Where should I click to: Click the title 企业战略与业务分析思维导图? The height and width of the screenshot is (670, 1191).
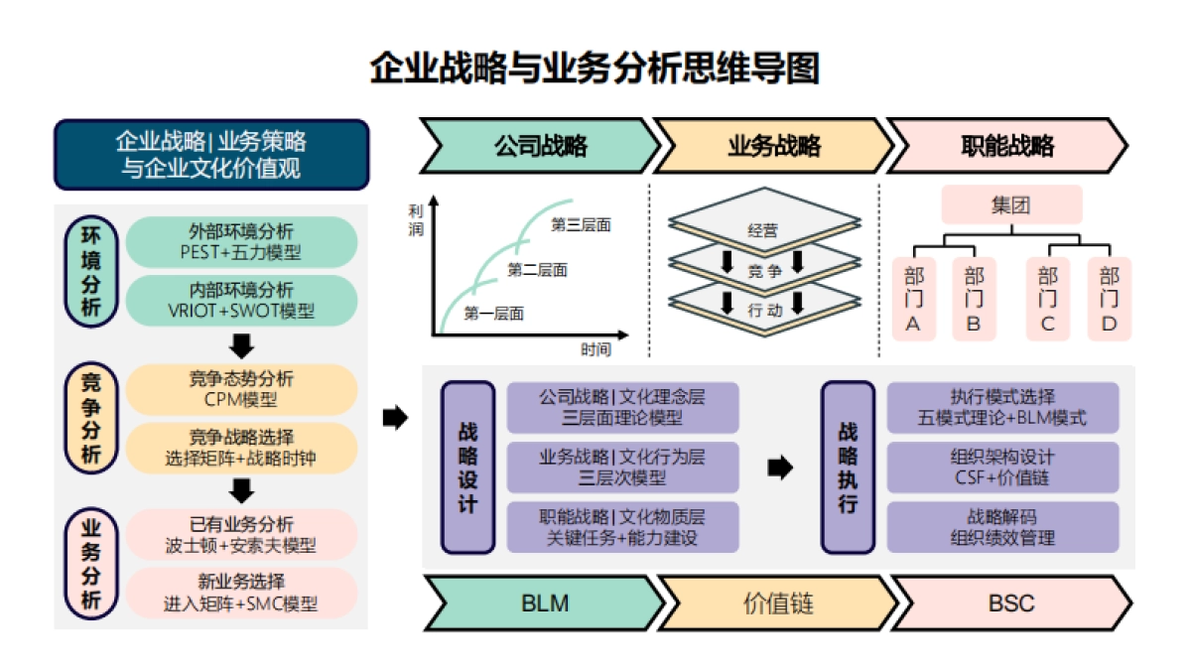(595, 69)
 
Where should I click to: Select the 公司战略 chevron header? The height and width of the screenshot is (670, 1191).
(540, 147)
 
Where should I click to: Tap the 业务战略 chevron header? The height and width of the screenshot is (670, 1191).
(772, 147)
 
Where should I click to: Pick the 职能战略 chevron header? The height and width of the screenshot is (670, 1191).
(1006, 147)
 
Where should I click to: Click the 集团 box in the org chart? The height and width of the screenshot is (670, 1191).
(1009, 206)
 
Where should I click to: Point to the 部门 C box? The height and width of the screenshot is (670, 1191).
(1047, 299)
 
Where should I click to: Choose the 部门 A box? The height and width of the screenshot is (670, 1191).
(914, 299)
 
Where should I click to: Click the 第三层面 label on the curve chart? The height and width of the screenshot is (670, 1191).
(581, 225)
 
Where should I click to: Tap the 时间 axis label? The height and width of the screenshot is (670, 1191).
(596, 349)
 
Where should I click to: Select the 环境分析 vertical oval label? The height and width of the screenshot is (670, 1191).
(90, 271)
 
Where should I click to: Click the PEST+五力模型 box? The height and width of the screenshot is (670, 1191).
(241, 241)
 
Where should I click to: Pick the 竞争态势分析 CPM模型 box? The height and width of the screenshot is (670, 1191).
(241, 389)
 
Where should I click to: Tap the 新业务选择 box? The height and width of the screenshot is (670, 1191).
(241, 592)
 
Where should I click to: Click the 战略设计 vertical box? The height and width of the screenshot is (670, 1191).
(467, 468)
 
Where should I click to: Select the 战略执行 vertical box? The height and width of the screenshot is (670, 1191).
(848, 468)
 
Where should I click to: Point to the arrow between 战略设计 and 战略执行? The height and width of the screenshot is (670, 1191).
(781, 468)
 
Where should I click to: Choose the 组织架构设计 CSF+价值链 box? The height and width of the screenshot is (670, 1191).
(1002, 467)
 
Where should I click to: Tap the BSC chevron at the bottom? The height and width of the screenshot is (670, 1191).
(1010, 602)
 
